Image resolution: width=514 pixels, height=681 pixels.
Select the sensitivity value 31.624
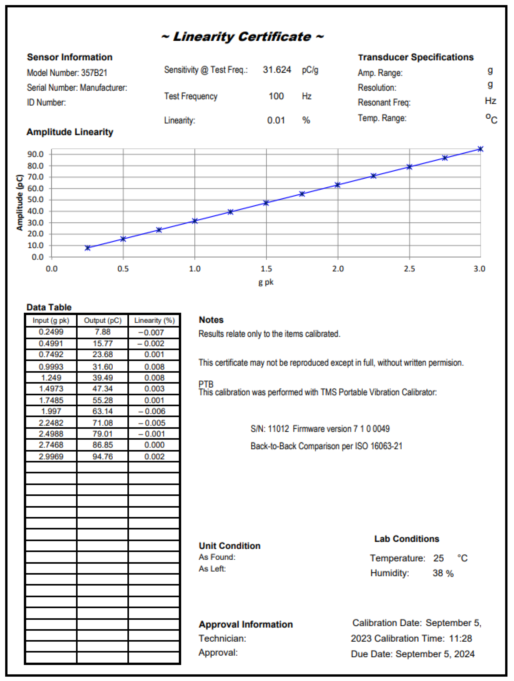click(277, 70)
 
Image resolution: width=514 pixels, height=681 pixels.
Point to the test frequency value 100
click(276, 96)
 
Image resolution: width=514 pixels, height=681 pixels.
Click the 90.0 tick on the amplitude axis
click(35, 154)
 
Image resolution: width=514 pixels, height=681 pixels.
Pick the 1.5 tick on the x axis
click(266, 269)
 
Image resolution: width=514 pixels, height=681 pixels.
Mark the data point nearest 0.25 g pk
click(88, 248)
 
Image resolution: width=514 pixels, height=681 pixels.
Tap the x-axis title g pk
click(266, 282)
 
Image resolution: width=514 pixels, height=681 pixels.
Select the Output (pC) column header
click(103, 320)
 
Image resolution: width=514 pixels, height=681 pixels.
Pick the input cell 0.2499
click(51, 332)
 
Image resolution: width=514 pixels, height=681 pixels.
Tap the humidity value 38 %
click(443, 573)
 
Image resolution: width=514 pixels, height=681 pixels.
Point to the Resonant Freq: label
click(384, 102)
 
